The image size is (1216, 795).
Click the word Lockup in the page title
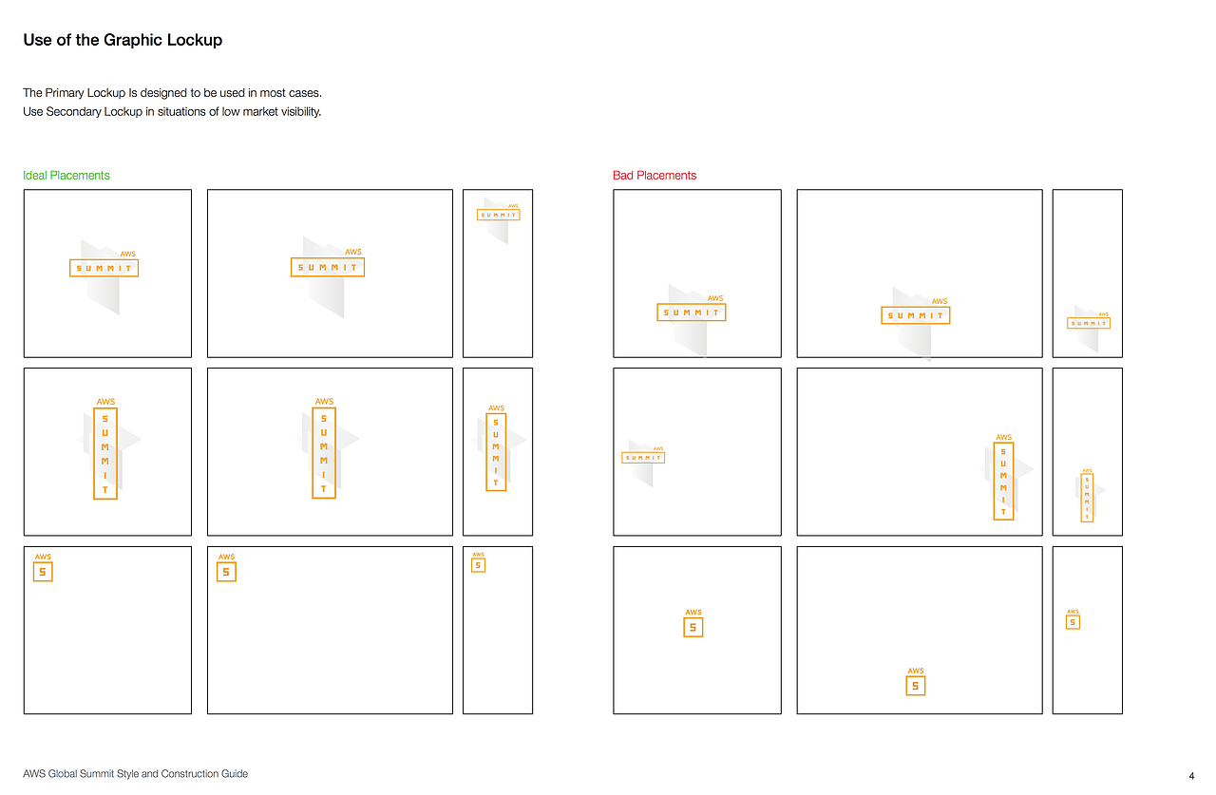[195, 40]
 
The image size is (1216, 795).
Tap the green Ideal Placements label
[66, 176]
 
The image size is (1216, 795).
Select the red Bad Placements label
[655, 176]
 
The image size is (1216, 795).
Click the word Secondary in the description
[73, 111]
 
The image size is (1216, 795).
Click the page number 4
[1191, 775]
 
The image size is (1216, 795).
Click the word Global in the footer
[63, 773]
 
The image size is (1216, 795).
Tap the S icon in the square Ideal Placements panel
[43, 567]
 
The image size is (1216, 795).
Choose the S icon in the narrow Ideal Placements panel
[478, 562]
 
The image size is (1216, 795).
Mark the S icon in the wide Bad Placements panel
[915, 682]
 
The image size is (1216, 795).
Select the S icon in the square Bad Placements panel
[693, 623]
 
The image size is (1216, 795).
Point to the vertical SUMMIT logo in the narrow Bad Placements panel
[1088, 495]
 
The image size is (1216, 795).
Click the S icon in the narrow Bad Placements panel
[1073, 619]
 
